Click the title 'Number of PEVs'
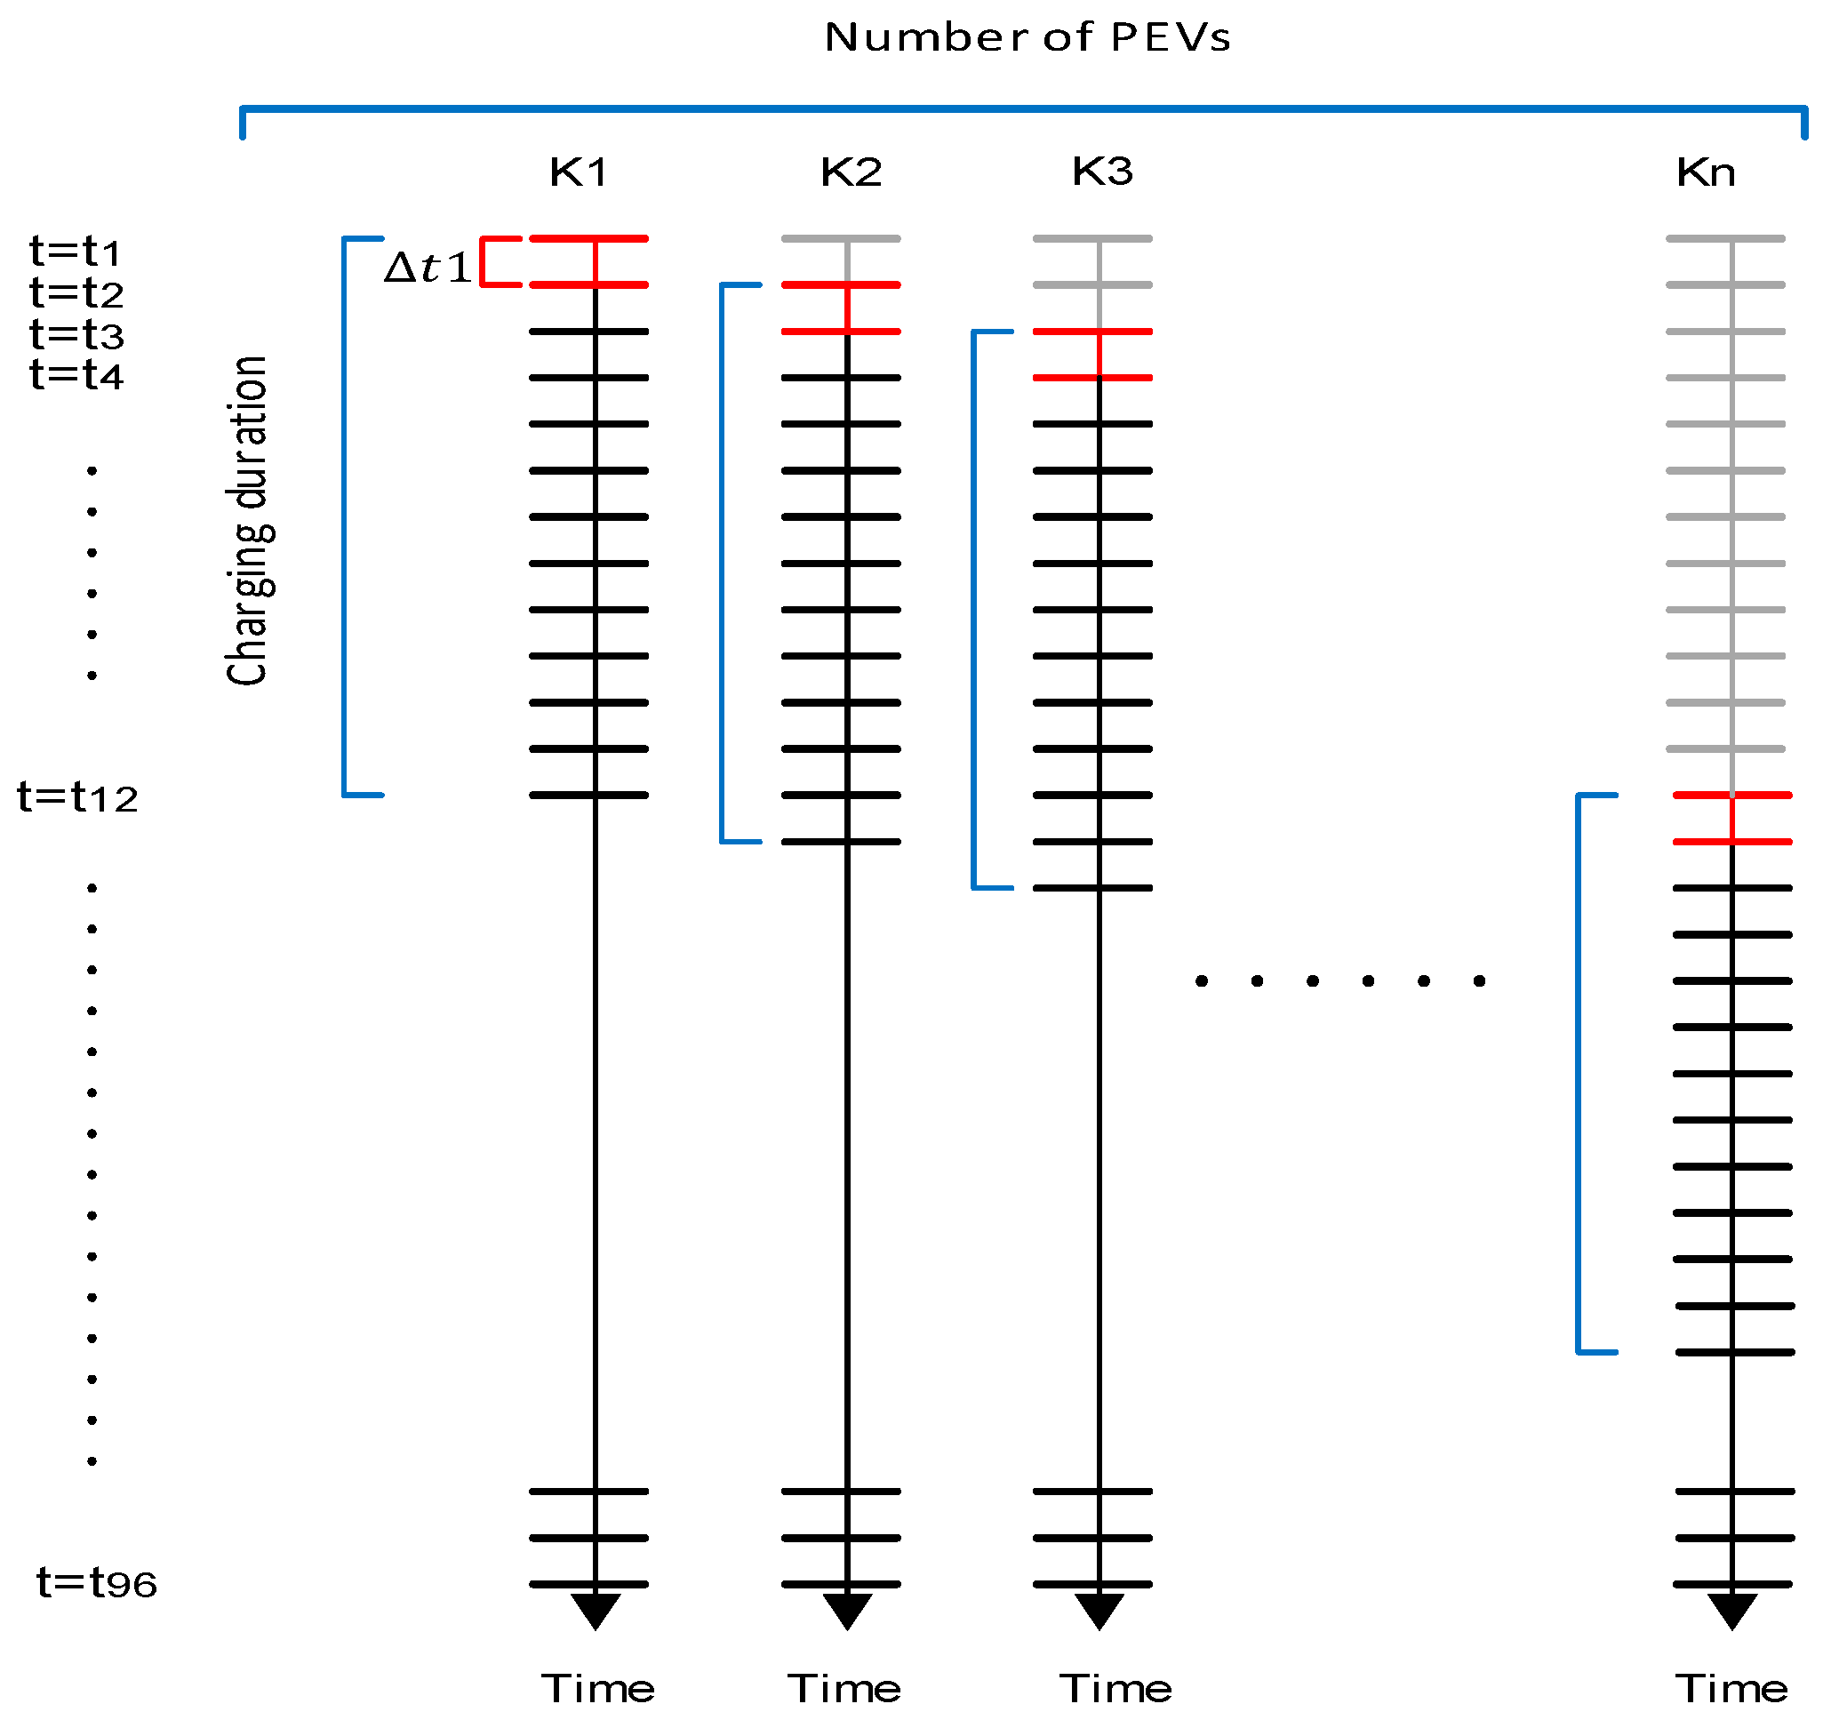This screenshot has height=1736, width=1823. (x=1027, y=38)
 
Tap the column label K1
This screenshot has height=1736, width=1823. (x=578, y=172)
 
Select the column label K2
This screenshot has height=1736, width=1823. (x=851, y=172)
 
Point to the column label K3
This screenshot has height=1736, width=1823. (x=1101, y=172)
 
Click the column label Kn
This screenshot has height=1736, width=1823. (x=1705, y=172)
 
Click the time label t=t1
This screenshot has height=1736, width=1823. (x=75, y=251)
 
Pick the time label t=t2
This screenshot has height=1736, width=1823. (x=76, y=292)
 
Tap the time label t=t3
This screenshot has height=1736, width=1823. (x=76, y=334)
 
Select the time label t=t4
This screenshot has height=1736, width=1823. (x=76, y=375)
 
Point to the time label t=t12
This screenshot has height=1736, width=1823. (x=77, y=796)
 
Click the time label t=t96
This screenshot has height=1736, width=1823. (x=96, y=1582)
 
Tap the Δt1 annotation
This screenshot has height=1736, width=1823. (x=427, y=268)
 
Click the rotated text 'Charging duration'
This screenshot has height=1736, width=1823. (x=247, y=520)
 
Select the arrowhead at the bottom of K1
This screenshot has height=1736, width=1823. (x=595, y=1610)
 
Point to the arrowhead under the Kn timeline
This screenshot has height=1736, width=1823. (x=1731, y=1610)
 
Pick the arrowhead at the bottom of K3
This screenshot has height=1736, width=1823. (x=1099, y=1610)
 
